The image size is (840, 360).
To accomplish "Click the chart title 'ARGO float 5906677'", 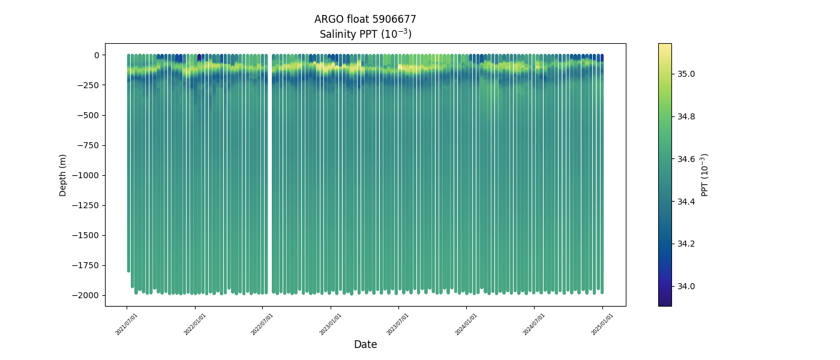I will click(x=365, y=19).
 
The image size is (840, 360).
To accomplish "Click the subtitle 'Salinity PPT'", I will click(x=365, y=34).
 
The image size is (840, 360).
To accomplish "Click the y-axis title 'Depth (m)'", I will click(x=63, y=175).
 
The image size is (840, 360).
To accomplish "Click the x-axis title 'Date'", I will click(x=365, y=344).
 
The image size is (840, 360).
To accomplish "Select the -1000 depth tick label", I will click(x=86, y=175).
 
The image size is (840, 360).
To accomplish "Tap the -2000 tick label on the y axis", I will click(x=86, y=295).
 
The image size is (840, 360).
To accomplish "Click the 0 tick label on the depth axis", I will click(x=96, y=55).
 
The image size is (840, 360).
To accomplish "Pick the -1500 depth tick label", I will click(x=86, y=235).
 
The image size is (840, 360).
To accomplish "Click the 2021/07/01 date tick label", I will click(x=127, y=324).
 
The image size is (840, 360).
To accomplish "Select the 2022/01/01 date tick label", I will click(x=195, y=324).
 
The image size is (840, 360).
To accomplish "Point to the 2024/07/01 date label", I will click(x=535, y=324).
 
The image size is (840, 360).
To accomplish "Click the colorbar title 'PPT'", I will click(x=705, y=175).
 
